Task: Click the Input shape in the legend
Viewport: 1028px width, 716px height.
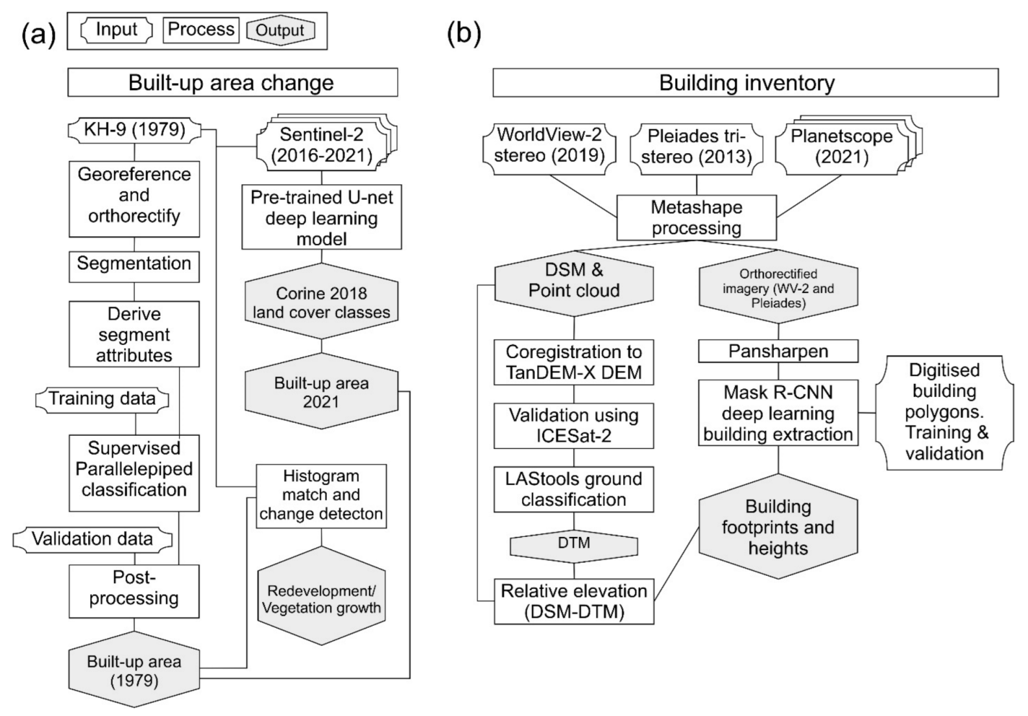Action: click(x=117, y=30)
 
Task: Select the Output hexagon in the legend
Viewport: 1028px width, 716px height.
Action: click(x=280, y=30)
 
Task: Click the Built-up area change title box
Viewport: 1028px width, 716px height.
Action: click(x=232, y=83)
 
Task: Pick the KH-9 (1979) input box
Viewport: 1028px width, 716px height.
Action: click(x=134, y=130)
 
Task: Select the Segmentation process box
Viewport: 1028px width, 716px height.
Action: click(x=134, y=264)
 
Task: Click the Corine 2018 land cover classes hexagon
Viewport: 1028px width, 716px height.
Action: click(x=322, y=302)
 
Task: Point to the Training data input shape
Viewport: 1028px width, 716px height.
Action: click(x=102, y=399)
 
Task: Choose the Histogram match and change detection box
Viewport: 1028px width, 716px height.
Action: click(x=321, y=495)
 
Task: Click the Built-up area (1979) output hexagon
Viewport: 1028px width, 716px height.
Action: click(x=134, y=671)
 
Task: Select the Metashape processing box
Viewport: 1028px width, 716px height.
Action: click(x=697, y=218)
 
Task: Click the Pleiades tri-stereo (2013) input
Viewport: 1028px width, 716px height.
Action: click(x=697, y=147)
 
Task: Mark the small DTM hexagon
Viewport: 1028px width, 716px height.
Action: click(x=574, y=543)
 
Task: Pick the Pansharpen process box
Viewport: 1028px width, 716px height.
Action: click(x=778, y=352)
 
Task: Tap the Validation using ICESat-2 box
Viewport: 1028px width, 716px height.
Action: click(x=574, y=425)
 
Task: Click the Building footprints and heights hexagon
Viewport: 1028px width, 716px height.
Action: click(x=778, y=527)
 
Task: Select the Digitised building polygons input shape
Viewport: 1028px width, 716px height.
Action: click(x=944, y=412)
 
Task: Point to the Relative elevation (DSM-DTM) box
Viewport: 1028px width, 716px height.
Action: click(x=574, y=601)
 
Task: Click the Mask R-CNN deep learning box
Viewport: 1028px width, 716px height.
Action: click(x=778, y=413)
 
